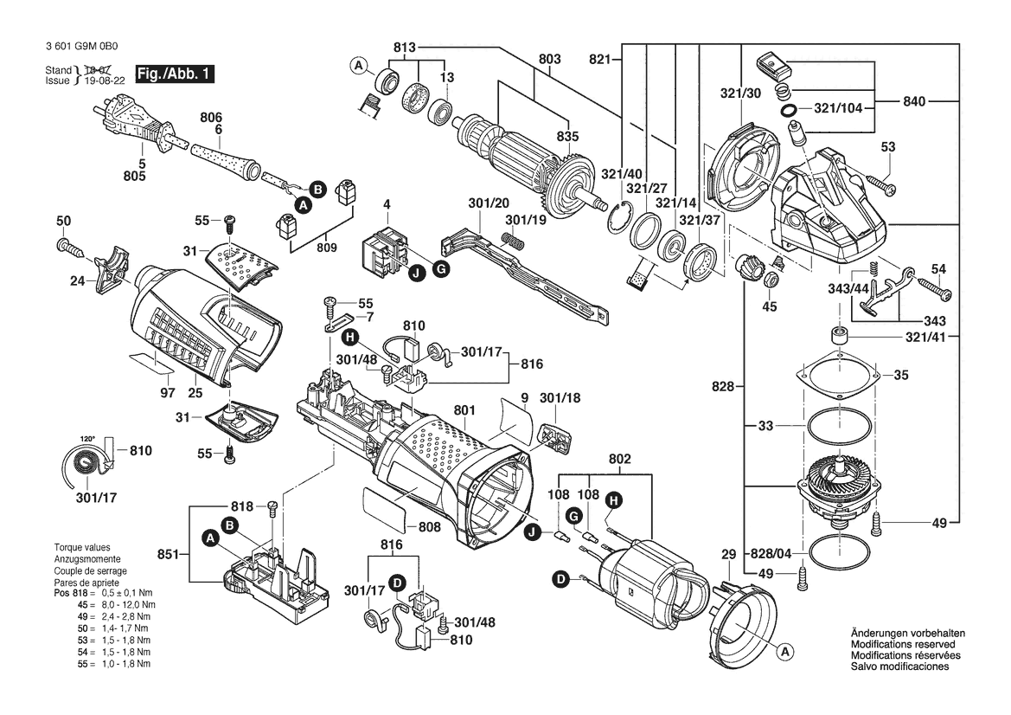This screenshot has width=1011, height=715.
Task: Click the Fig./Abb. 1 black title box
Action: click(x=174, y=74)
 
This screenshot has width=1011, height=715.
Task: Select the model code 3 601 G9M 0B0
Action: click(x=82, y=47)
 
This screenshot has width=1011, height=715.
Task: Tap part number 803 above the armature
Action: click(x=549, y=60)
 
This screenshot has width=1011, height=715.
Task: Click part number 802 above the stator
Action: click(x=619, y=459)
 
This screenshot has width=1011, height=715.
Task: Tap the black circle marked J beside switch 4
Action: click(x=417, y=274)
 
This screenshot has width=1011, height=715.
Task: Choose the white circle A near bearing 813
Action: click(x=359, y=65)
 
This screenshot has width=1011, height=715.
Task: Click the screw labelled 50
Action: click(x=71, y=248)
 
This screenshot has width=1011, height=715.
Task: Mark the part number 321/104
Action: click(x=838, y=108)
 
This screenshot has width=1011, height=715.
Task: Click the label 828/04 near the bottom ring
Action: click(x=771, y=554)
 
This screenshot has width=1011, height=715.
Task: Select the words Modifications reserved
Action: click(x=903, y=644)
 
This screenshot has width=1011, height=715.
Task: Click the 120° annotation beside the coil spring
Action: click(x=87, y=439)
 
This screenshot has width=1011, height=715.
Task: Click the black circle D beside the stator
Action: click(x=560, y=580)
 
